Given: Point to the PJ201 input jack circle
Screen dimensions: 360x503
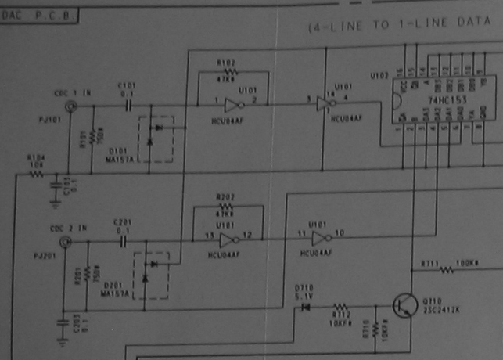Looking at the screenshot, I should click(x=64, y=243).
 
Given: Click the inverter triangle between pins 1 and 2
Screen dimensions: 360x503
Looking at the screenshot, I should click(x=232, y=104).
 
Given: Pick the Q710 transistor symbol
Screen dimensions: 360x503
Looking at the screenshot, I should click(x=404, y=305).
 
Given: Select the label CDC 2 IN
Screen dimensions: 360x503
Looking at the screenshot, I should click(x=75, y=229).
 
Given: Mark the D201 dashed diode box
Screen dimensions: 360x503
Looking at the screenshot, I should click(x=153, y=275).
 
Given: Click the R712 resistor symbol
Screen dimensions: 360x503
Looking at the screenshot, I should click(x=340, y=307).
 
